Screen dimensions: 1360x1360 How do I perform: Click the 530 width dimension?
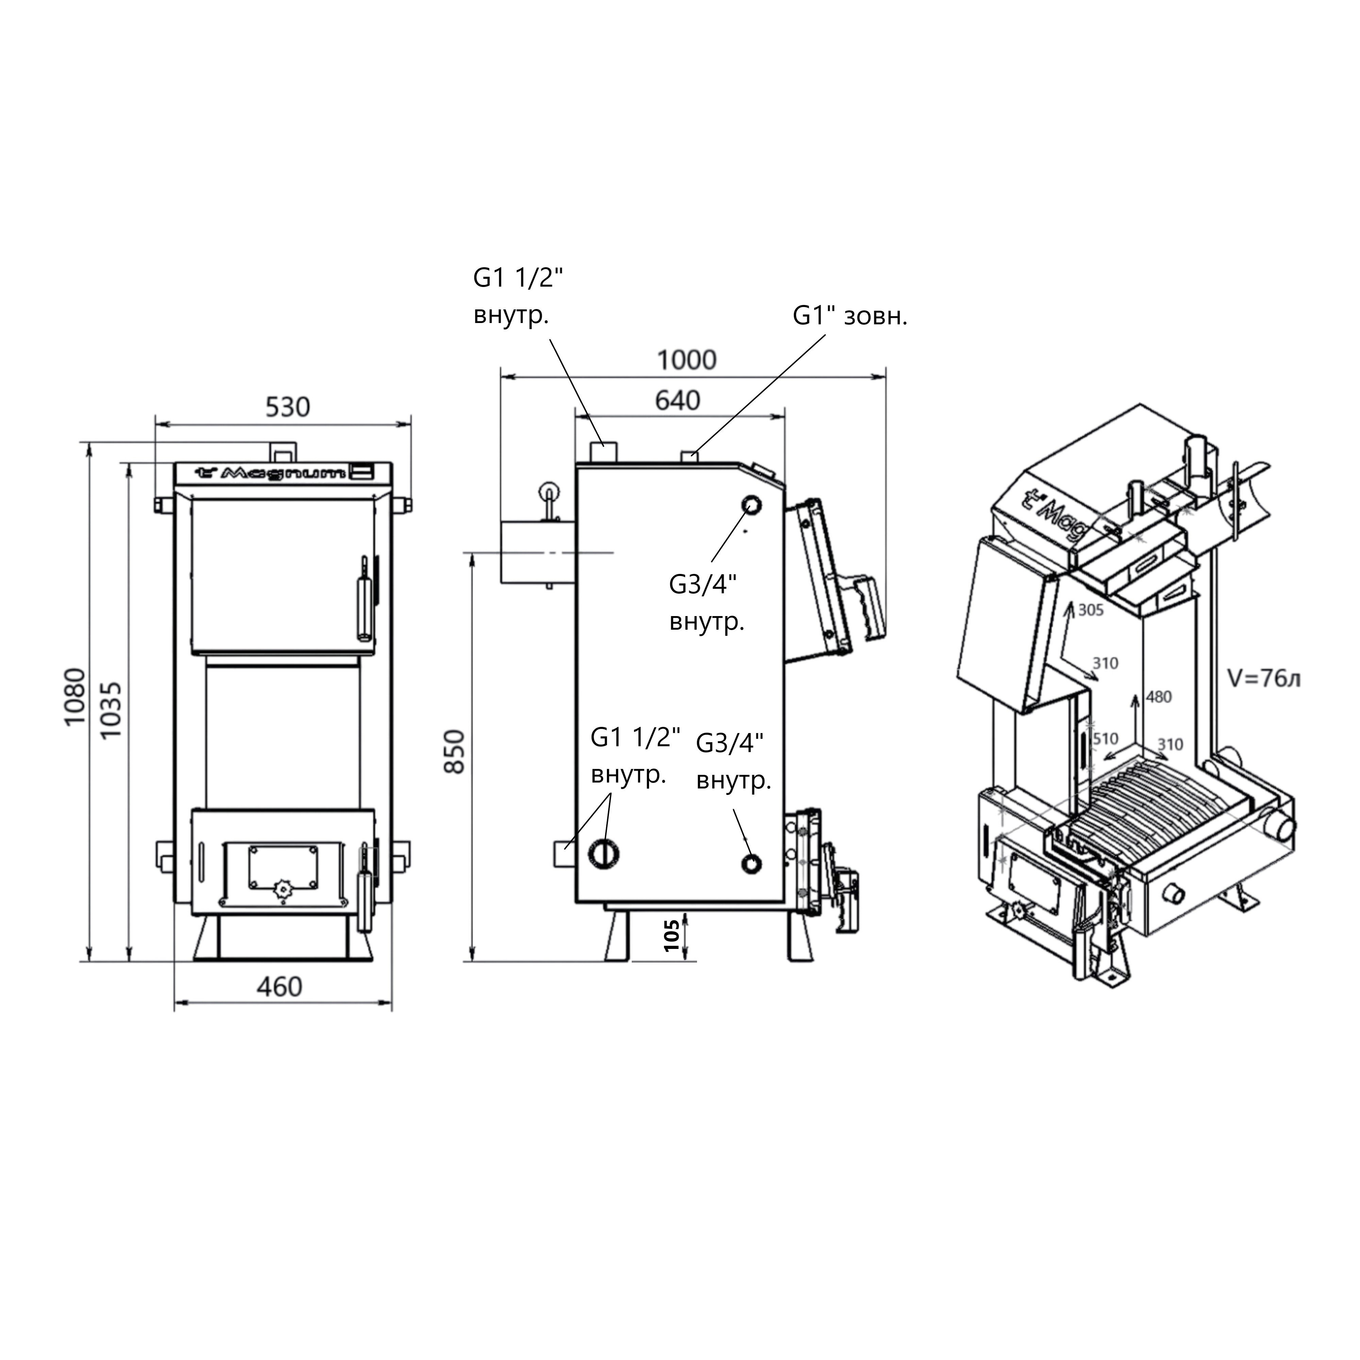pos(287,407)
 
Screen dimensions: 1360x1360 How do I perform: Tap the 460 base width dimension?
pos(279,987)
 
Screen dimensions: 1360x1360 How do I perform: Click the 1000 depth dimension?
pos(686,360)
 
